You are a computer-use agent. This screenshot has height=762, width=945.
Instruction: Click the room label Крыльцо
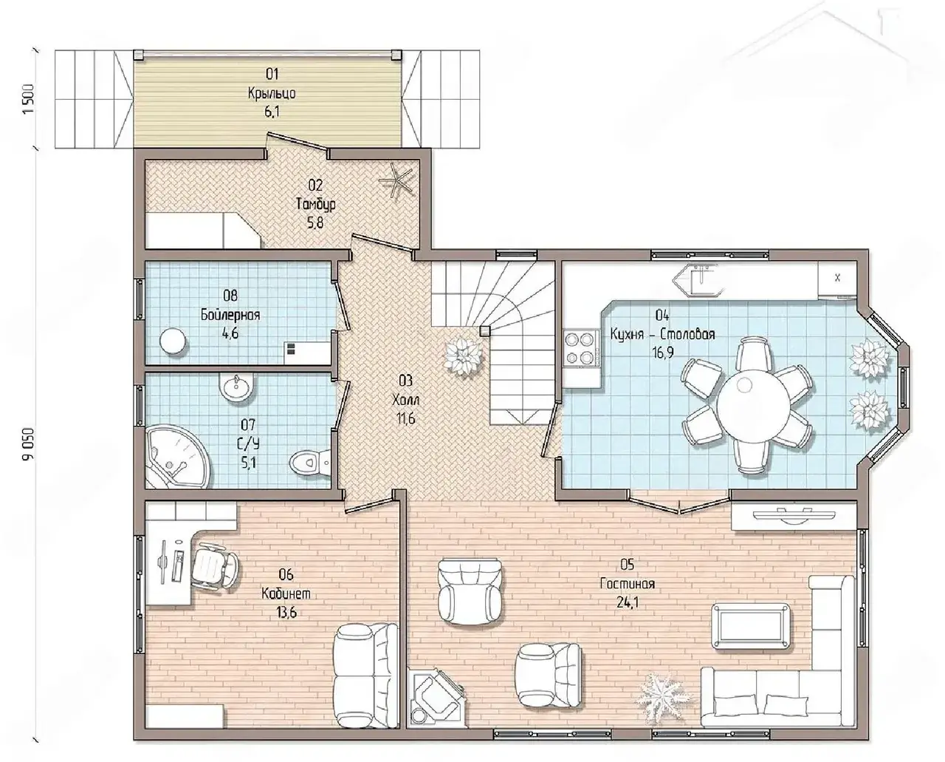(272, 94)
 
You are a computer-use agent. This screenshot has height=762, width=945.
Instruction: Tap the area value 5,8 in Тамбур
(315, 223)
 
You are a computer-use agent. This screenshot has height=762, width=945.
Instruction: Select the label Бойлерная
(230, 315)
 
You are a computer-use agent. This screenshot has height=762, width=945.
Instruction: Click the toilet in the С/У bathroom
(310, 463)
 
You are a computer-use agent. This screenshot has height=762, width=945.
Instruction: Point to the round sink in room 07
(236, 389)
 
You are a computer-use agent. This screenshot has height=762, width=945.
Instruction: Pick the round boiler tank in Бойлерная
(172, 341)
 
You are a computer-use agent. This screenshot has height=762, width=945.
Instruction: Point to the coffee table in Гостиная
(751, 626)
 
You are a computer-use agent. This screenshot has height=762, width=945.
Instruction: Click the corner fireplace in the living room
(435, 700)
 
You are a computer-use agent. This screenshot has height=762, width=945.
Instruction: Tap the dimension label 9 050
(29, 443)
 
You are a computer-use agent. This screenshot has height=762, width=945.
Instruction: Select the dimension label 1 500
(29, 99)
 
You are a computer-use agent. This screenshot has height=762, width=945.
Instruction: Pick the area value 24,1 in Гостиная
(628, 602)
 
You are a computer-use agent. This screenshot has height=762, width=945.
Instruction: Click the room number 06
(286, 575)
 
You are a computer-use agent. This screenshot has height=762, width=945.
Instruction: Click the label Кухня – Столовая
(662, 334)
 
